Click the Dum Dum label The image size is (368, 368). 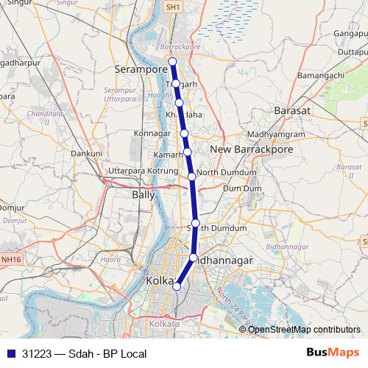[242, 188]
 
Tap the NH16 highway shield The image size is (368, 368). [10, 259]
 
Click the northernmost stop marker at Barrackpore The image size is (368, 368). [172, 61]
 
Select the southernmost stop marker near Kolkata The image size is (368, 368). [176, 286]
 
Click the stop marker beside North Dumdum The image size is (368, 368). [191, 176]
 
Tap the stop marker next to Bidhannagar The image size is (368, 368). [194, 258]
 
